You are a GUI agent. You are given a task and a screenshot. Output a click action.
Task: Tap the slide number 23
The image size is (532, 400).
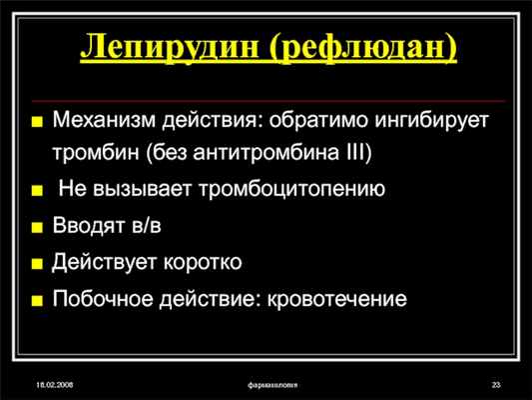(x=494, y=385)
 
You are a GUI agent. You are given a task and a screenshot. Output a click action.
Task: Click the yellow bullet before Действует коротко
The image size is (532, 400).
(x=37, y=264)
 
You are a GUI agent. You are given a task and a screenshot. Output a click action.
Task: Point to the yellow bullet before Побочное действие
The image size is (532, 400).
(x=37, y=300)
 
